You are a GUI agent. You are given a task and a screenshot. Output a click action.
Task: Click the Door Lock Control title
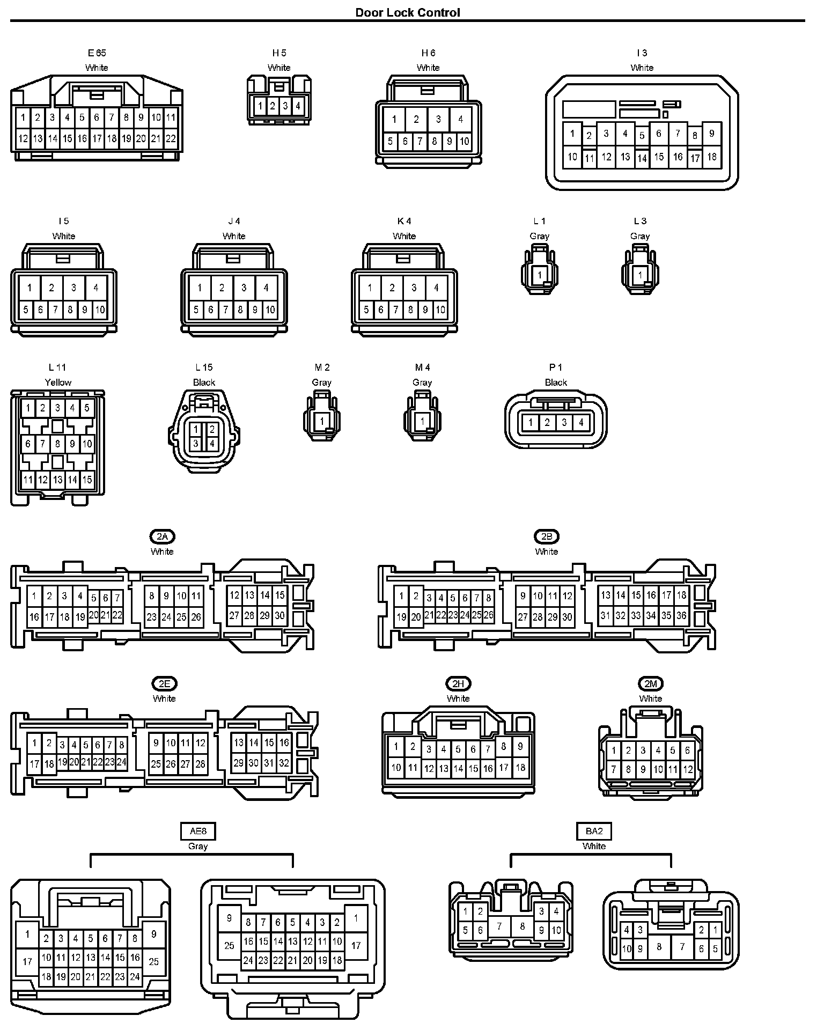[x=408, y=12]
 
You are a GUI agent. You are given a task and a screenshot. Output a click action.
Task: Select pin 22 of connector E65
[x=171, y=138]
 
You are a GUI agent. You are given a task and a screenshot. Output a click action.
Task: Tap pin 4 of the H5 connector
[x=298, y=106]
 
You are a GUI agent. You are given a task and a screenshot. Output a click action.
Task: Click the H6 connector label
[x=428, y=53]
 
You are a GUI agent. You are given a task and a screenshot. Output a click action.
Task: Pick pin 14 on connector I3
[x=642, y=158]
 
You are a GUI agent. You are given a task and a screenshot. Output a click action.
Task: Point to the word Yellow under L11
[x=58, y=382]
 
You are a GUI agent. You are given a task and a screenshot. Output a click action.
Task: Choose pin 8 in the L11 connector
[x=57, y=444]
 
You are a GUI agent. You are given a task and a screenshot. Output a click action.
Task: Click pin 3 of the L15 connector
[x=196, y=443]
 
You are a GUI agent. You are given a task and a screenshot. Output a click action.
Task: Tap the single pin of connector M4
[x=422, y=422]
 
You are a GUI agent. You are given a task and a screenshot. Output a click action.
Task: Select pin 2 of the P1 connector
[x=547, y=422]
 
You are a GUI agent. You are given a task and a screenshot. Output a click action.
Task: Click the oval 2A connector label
[x=162, y=536]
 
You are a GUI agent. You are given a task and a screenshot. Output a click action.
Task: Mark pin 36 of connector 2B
[x=681, y=615]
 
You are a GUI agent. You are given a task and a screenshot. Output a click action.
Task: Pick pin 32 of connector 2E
[x=284, y=763]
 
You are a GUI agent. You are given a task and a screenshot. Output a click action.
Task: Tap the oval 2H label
[x=458, y=683]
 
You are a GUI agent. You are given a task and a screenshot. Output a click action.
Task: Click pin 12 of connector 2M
[x=688, y=769]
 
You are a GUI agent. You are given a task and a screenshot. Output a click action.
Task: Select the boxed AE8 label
[x=198, y=831]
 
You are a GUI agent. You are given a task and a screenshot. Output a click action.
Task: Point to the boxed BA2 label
[x=594, y=831]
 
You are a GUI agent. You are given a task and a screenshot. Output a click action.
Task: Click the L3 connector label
[x=640, y=221]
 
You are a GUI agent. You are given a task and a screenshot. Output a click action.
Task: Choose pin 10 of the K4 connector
[x=440, y=310]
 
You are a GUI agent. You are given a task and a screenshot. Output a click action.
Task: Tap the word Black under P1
[x=556, y=382]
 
